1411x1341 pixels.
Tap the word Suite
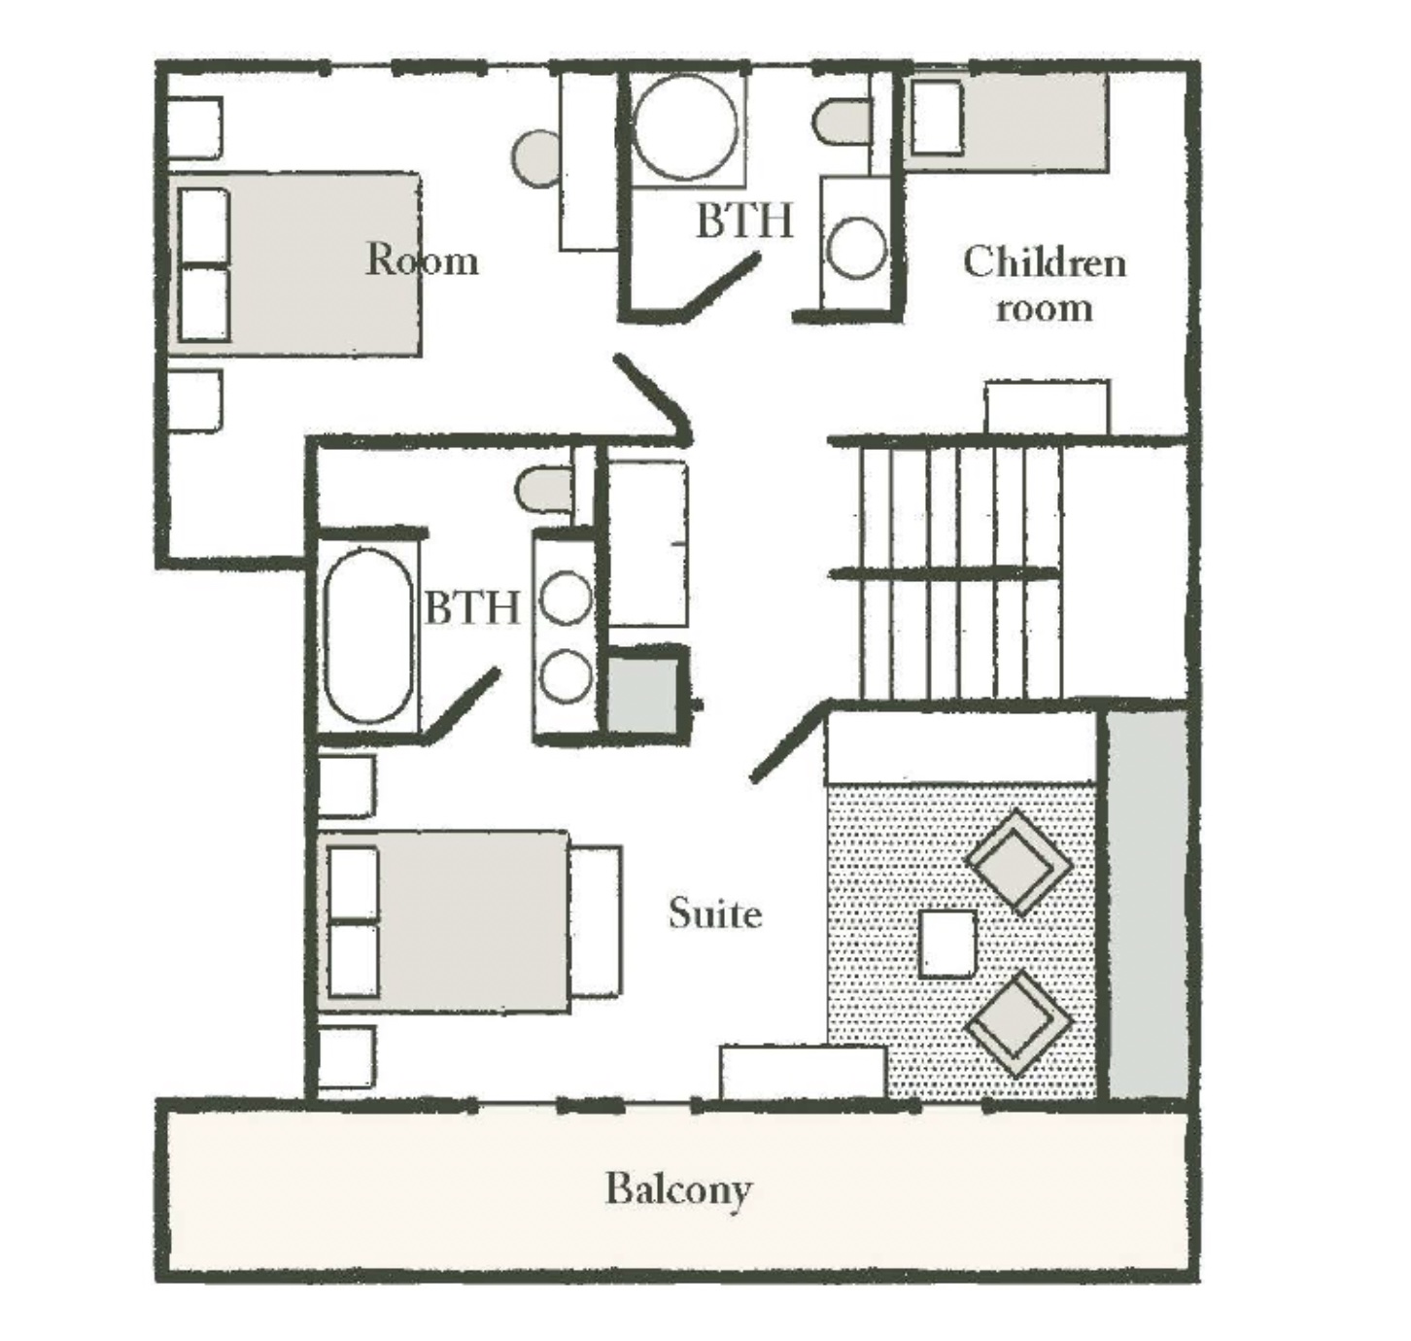click(x=715, y=913)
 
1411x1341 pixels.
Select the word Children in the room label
click(x=1045, y=262)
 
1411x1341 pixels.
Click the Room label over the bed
click(x=422, y=259)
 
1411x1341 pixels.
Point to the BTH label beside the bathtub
click(x=472, y=608)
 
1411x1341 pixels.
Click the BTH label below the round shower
click(x=745, y=221)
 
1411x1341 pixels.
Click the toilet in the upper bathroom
click(x=844, y=122)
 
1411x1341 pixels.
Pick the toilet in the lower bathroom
click(x=545, y=491)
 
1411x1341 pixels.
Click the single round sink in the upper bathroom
click(x=856, y=249)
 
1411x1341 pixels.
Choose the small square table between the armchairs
click(x=948, y=944)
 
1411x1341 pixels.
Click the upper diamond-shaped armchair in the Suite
click(x=1018, y=862)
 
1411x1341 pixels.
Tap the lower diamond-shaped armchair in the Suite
click(x=1018, y=1022)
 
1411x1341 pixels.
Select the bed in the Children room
click(x=1006, y=122)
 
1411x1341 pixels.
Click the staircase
click(x=959, y=571)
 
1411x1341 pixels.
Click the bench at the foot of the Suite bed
click(x=597, y=922)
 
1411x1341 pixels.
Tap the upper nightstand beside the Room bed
click(x=193, y=127)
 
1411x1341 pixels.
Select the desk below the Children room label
click(x=1048, y=408)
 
